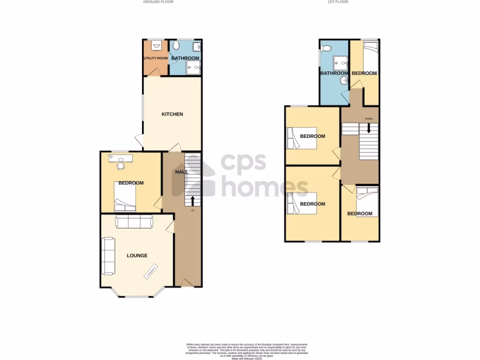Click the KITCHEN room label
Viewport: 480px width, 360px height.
pyautogui.click(x=172, y=114)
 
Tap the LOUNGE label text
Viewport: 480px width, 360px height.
pyautogui.click(x=137, y=255)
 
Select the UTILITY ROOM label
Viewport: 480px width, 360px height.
pyautogui.click(x=156, y=58)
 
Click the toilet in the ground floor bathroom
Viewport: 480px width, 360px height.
pyautogui.click(x=176, y=45)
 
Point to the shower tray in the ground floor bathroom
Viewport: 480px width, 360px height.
pyautogui.click(x=193, y=68)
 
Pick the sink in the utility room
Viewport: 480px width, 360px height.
pyautogui.click(x=157, y=45)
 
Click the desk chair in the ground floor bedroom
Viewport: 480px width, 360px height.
pyautogui.click(x=121, y=165)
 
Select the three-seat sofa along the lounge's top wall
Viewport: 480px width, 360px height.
pyautogui.click(x=134, y=222)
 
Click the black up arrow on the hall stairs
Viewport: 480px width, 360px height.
pyautogui.click(x=193, y=201)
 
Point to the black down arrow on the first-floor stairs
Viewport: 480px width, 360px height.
pyautogui.click(x=369, y=127)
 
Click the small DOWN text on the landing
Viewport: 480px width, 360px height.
pyautogui.click(x=369, y=119)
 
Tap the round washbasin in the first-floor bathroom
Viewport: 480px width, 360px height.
pyautogui.click(x=345, y=81)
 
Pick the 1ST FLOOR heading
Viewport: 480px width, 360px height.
pyautogui.click(x=337, y=2)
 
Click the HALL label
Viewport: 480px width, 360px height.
pyautogui.click(x=181, y=172)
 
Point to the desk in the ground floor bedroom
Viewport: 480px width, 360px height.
pyautogui.click(x=121, y=157)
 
